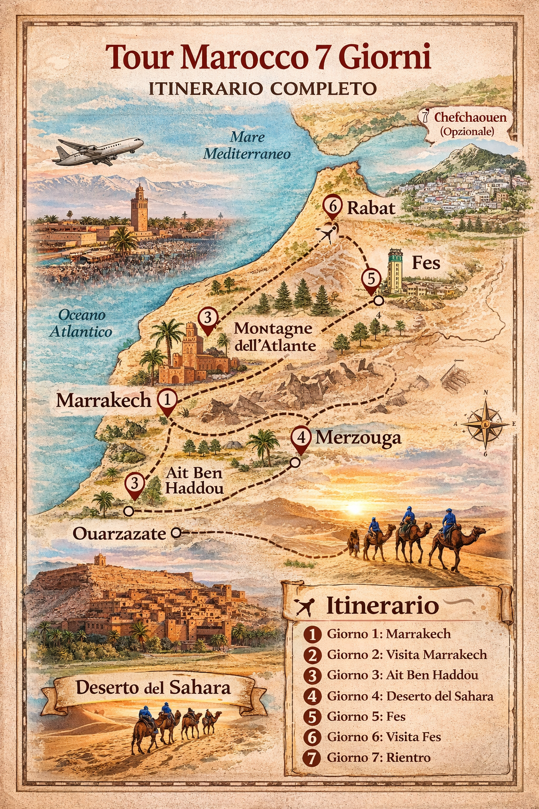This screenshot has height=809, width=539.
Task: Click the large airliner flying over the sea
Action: click(x=98, y=151)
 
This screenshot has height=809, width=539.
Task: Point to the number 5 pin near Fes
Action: click(x=371, y=279)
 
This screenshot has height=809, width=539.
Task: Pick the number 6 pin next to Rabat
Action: click(x=333, y=206)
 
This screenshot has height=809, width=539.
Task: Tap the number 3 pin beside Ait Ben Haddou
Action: click(x=135, y=484)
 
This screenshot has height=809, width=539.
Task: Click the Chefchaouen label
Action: click(x=470, y=117)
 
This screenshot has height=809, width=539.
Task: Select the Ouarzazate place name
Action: click(x=119, y=534)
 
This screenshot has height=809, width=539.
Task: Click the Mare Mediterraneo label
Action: click(x=247, y=145)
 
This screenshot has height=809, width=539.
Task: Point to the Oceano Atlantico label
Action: click(x=81, y=323)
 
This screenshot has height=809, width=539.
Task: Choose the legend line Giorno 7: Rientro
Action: click(x=378, y=757)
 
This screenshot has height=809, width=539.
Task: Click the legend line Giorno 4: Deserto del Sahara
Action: click(x=410, y=696)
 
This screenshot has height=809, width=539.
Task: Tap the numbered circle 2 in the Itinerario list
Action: click(x=312, y=655)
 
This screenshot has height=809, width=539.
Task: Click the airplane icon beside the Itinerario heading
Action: click(x=305, y=607)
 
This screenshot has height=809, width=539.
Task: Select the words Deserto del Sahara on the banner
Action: click(x=153, y=688)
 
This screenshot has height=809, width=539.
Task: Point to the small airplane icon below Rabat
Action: click(x=328, y=232)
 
